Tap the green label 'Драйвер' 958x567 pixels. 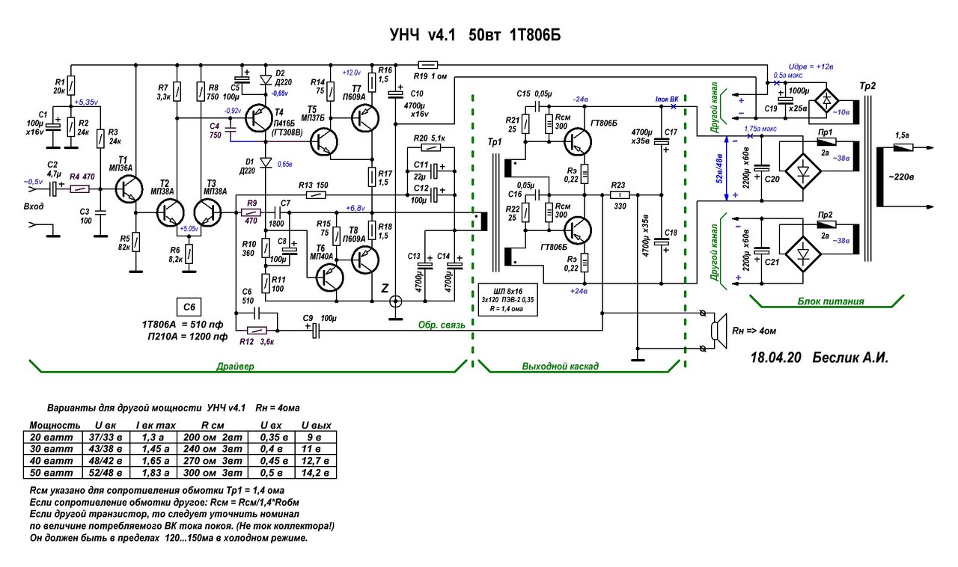pos(237,367)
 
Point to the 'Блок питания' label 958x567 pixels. pos(823,301)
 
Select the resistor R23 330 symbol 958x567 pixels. pos(618,195)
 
